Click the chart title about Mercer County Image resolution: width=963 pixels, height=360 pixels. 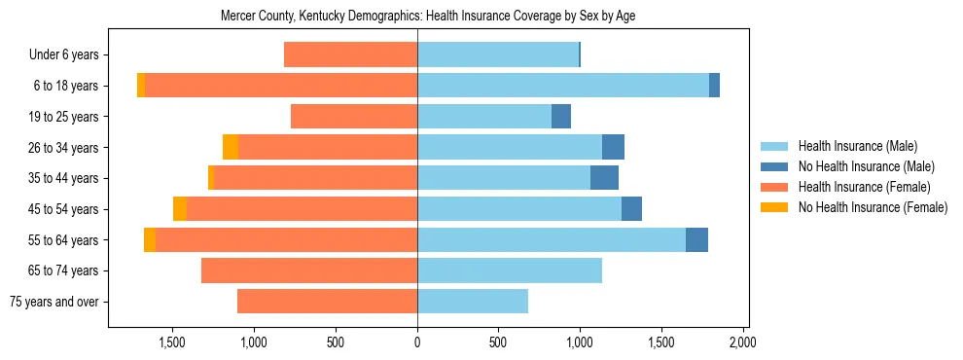coord(428,17)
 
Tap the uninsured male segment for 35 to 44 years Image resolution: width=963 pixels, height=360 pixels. coord(604,178)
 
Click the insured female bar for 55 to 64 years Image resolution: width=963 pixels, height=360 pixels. coord(286,240)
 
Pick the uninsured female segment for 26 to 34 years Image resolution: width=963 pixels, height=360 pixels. coord(231,147)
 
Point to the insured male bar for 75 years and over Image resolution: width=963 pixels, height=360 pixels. coord(473,302)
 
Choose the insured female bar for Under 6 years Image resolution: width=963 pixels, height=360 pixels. coord(350,54)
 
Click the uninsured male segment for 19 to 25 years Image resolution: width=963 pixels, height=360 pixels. coord(561,117)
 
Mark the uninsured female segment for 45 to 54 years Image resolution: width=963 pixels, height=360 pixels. coord(180,209)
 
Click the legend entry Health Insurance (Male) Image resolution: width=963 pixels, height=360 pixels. coord(857,146)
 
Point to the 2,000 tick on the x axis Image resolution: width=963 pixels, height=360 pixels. coord(743,342)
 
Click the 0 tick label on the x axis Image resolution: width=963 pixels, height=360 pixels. coord(417,342)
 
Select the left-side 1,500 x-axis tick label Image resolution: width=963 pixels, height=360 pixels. coord(172,342)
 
